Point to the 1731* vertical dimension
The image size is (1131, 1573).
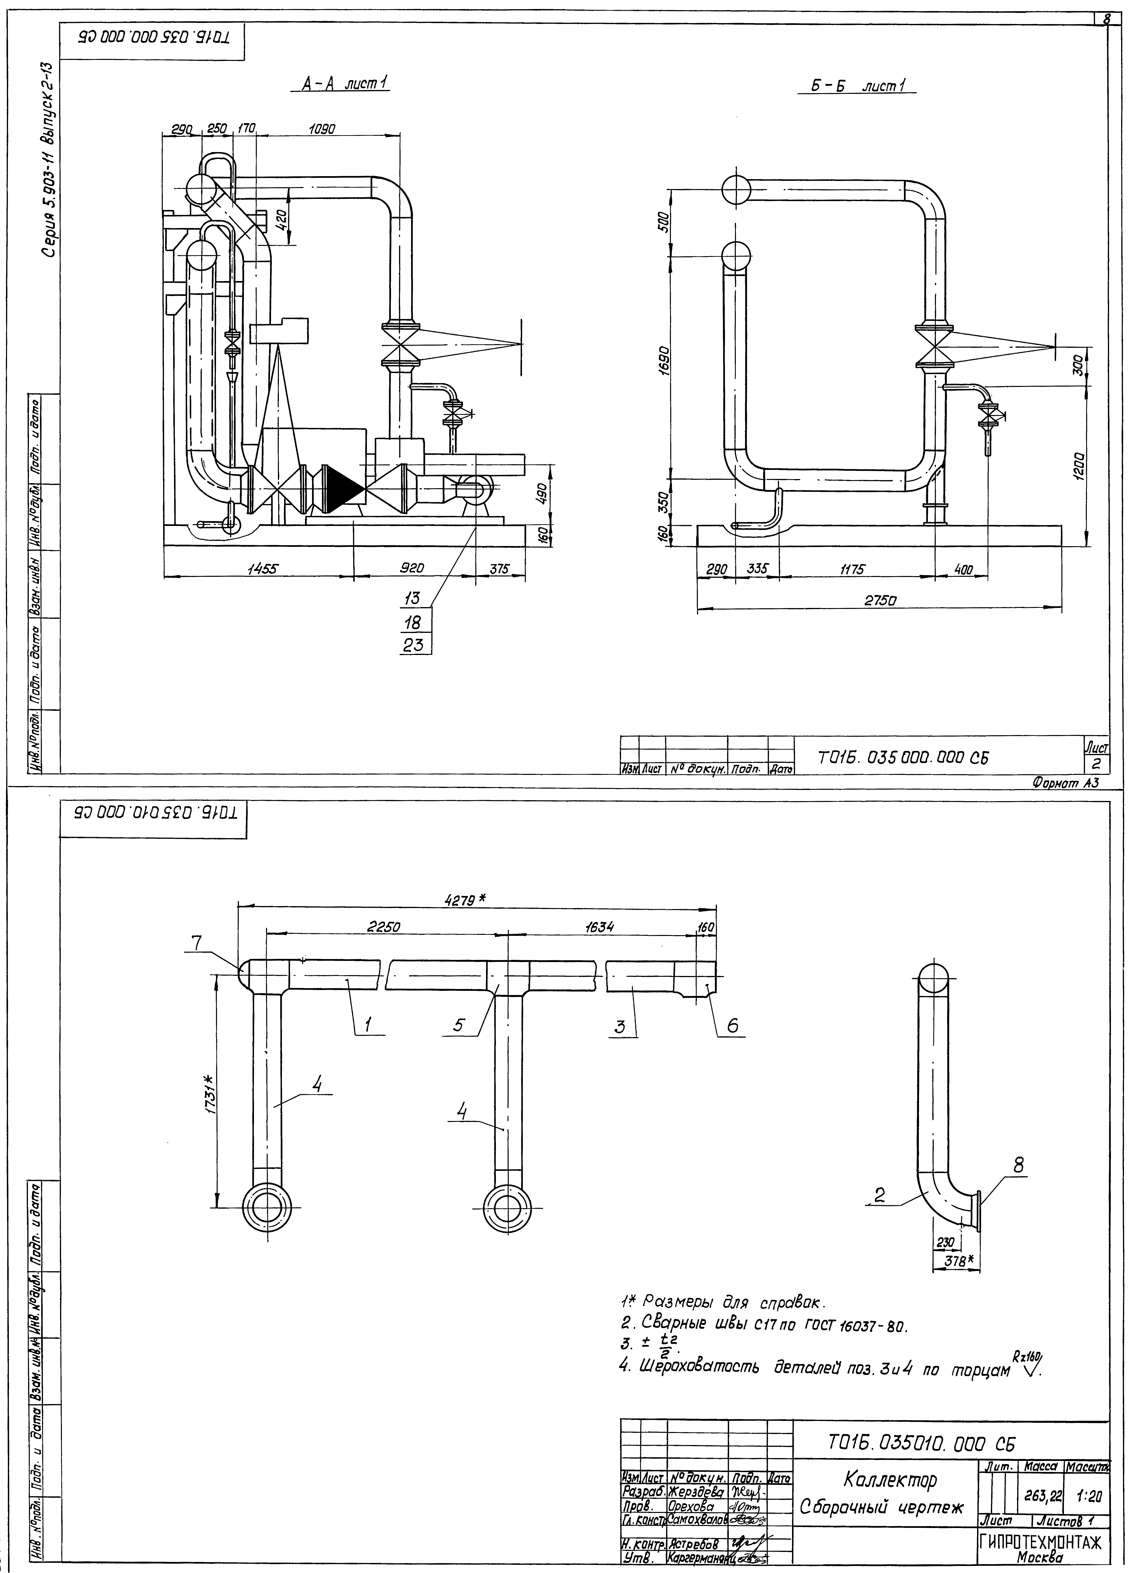pos(209,1094)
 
